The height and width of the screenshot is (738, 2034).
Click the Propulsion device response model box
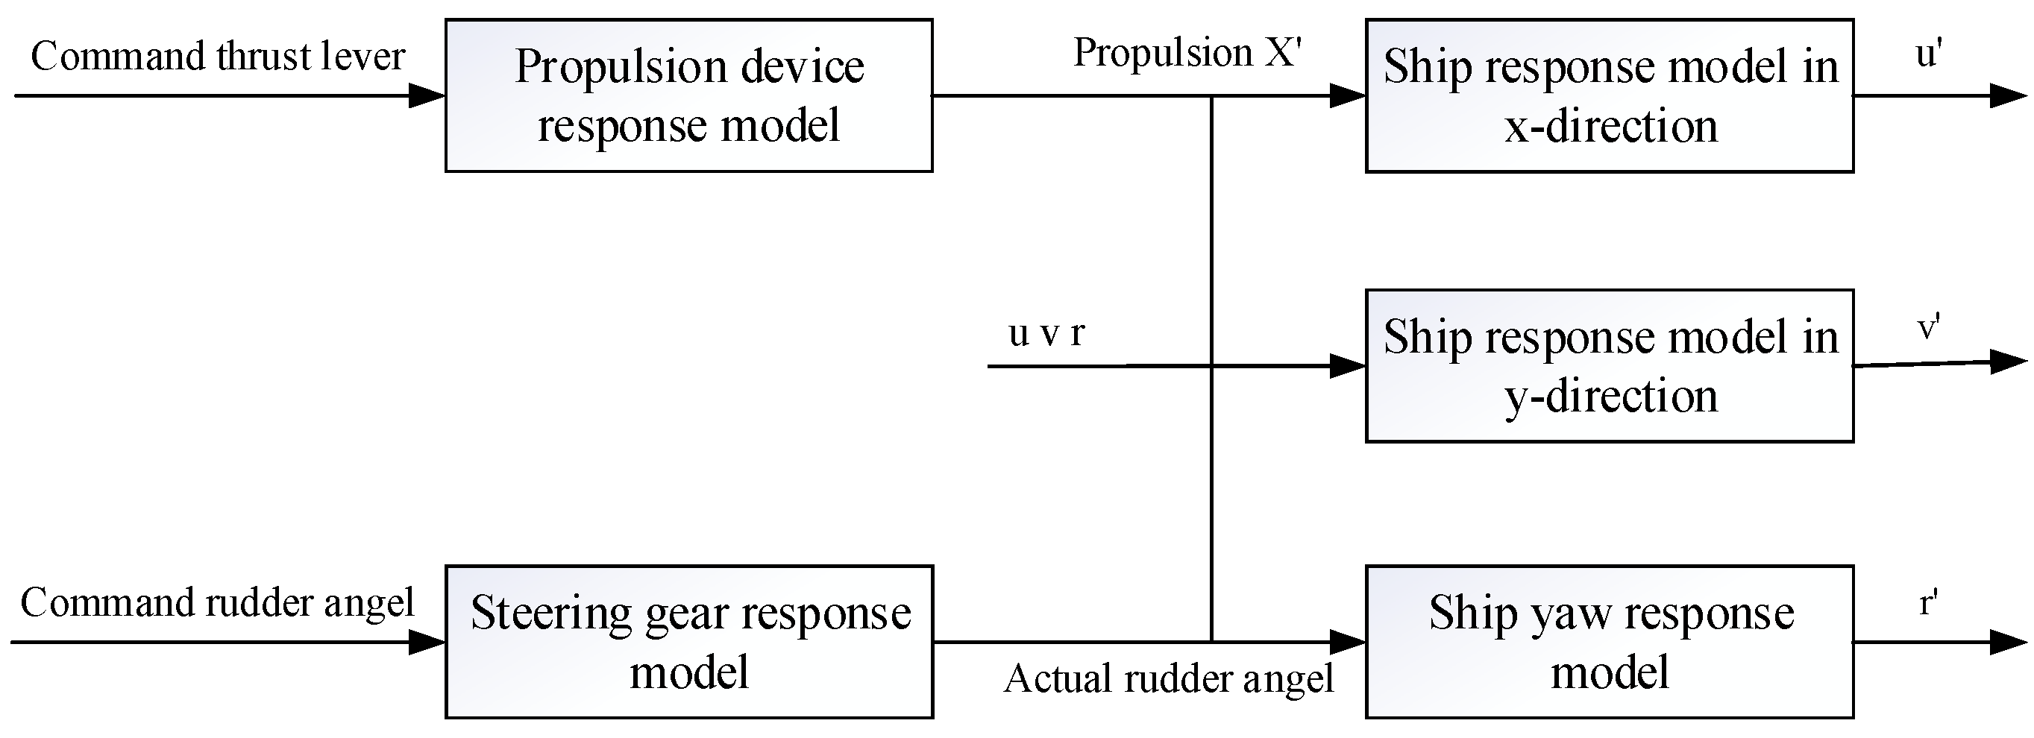click(x=688, y=95)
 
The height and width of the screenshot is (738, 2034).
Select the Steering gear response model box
click(x=688, y=641)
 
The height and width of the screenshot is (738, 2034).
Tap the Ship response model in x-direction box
click(x=1609, y=95)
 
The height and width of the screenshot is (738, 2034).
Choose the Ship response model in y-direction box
click(x=1609, y=365)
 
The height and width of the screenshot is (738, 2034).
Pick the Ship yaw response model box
click(x=1609, y=641)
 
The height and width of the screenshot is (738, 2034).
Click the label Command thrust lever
click(x=218, y=57)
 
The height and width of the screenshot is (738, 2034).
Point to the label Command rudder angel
click(x=217, y=603)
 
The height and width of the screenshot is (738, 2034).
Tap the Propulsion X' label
click(x=1187, y=54)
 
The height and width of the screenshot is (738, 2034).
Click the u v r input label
click(x=1047, y=333)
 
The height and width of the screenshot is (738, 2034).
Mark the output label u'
click(x=1928, y=54)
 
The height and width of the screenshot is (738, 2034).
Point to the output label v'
click(x=1929, y=326)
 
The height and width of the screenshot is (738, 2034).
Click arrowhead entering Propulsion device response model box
click(x=428, y=96)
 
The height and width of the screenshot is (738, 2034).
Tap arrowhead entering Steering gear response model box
click(x=428, y=642)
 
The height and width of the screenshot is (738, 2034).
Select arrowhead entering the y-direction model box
click(x=1348, y=365)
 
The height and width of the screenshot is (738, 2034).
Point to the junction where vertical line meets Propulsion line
click(x=1211, y=96)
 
